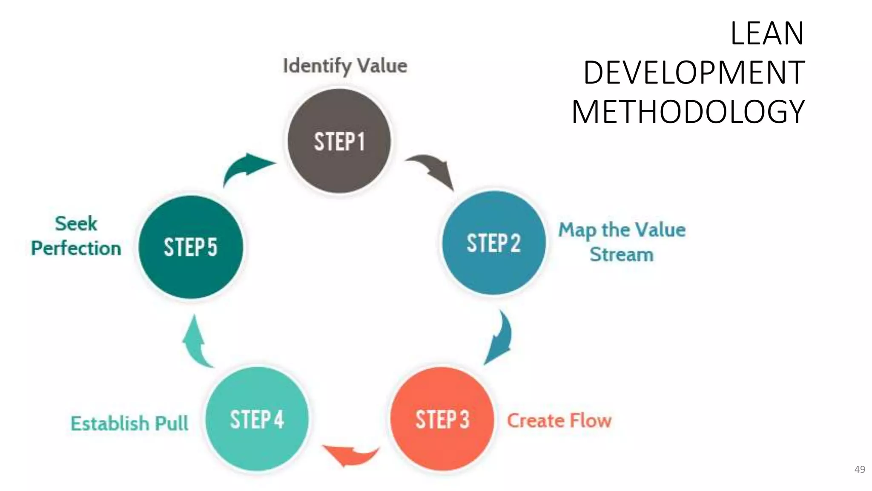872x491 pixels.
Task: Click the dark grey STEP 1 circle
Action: pos(339,141)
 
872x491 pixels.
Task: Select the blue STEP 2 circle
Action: pos(493,243)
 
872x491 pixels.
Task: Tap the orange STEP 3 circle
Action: pos(442,419)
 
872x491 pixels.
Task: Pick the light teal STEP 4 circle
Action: pos(257,419)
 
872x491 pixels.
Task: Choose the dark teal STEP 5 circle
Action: pos(190,247)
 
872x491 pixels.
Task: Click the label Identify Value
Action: pos(345,66)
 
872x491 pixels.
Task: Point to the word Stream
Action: pos(621,254)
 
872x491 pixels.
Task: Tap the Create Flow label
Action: pos(559,421)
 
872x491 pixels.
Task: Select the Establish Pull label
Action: pos(129,423)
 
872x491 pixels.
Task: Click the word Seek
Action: pos(76,223)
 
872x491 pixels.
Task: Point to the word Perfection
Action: pos(76,248)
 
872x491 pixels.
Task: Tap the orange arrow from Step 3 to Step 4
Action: pos(350,455)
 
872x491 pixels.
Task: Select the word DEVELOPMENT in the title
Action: pos(694,72)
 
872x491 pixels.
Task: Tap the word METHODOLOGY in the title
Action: pos(688,112)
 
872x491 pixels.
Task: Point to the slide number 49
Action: pos(860,469)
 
